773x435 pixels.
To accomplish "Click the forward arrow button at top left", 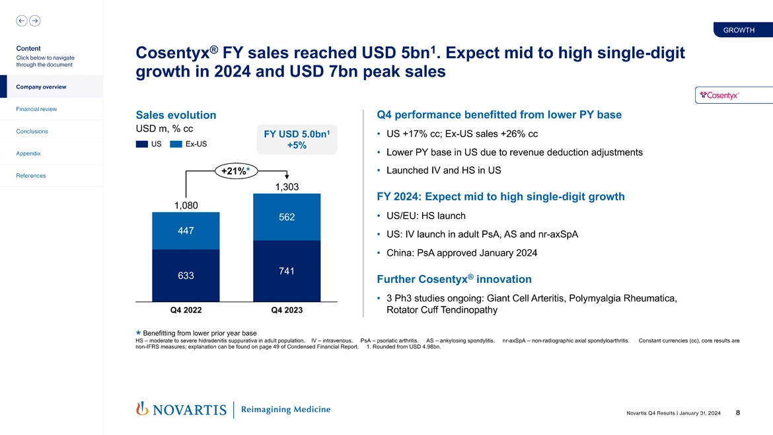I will coord(34,20).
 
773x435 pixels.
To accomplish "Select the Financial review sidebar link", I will coord(36,109).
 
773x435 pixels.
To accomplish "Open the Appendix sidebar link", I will coord(29,153).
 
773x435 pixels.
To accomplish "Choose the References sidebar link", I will coord(32,175).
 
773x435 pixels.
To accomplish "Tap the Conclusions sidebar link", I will coord(32,131).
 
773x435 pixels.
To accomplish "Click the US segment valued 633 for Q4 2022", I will coord(185,275).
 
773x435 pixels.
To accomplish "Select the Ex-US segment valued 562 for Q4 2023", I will coord(286,217).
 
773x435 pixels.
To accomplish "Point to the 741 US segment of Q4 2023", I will coord(286,271).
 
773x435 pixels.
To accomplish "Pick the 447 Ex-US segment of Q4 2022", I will coord(185,231).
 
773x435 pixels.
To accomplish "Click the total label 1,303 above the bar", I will coord(286,187).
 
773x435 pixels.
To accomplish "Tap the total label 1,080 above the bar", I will coord(186,205).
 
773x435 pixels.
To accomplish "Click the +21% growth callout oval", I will coord(235,171).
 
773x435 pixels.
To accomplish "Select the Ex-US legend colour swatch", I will coord(176,144).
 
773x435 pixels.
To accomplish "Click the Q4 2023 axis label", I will coord(286,310).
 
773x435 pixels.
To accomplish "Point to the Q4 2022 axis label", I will coord(185,310).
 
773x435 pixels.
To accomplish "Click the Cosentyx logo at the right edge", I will coord(733,95).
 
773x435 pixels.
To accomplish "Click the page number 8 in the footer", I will coord(737,413).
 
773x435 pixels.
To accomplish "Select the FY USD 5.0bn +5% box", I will coord(296,139).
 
